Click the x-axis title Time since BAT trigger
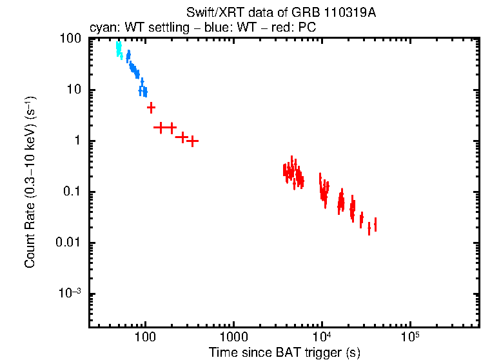click(x=284, y=353)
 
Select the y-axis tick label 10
click(x=74, y=90)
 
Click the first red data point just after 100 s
click(x=151, y=108)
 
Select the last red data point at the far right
click(x=375, y=225)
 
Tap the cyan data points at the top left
click(x=119, y=48)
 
